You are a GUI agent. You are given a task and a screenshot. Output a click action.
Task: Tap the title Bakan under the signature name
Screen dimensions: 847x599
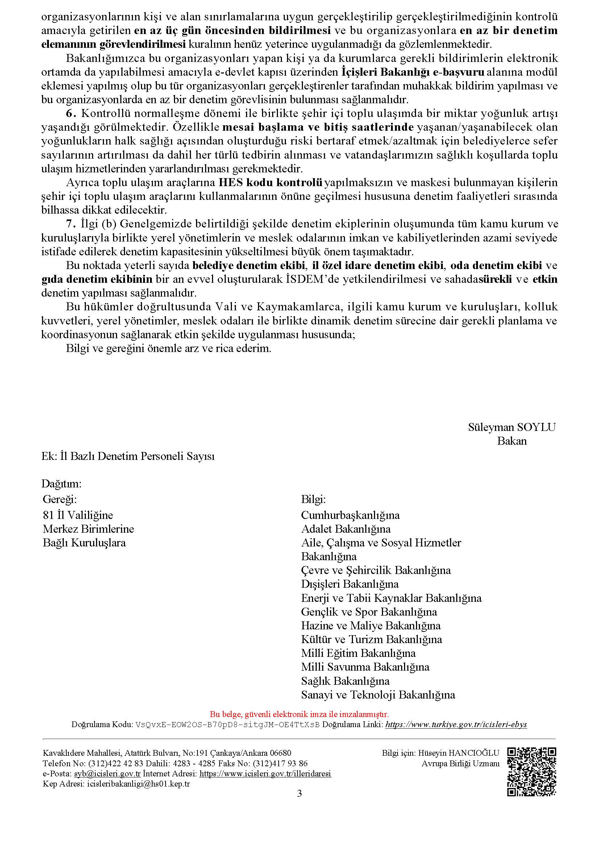(512, 441)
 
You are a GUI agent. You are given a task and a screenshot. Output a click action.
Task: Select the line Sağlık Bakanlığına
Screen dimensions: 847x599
(345, 681)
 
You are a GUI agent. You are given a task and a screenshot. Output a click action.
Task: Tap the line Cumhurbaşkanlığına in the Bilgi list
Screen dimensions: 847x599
(350, 515)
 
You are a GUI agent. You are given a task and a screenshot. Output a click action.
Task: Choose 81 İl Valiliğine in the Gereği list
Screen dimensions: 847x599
(78, 515)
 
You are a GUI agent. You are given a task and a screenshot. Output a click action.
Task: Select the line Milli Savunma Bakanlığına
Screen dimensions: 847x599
(365, 667)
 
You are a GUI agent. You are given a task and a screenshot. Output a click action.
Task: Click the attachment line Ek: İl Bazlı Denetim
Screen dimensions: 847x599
(128, 456)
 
